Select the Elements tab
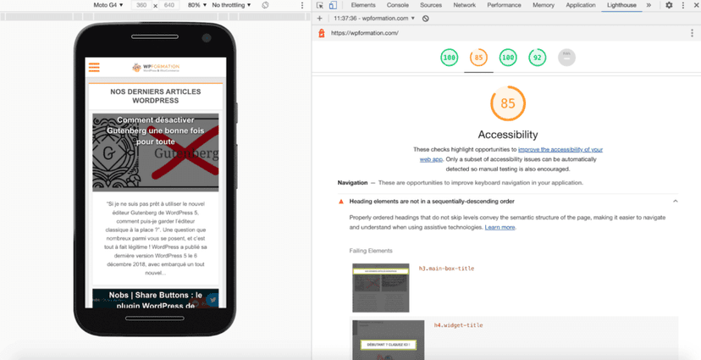click(363, 5)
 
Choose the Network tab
click(464, 5)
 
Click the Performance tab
click(504, 5)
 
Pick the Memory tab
click(544, 5)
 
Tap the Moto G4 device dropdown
click(108, 5)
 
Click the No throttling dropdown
click(231, 5)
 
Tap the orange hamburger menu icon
click(94, 68)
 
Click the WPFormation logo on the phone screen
click(156, 68)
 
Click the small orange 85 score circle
click(478, 58)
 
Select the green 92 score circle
click(537, 58)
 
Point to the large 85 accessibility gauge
click(508, 104)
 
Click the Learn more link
click(500, 228)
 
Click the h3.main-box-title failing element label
click(446, 269)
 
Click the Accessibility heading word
click(508, 135)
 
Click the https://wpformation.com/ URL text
click(364, 33)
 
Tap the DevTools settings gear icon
click(669, 5)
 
